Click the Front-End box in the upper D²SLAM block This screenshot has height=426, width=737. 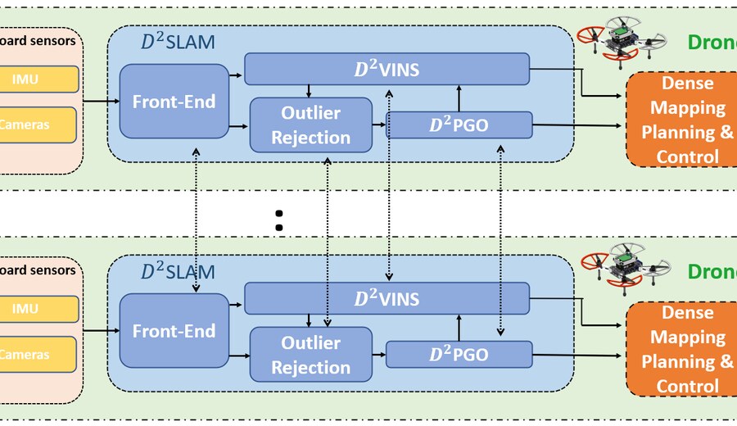tap(174, 101)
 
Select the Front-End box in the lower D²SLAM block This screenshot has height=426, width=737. tap(174, 331)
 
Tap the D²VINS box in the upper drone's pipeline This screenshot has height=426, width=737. tap(387, 70)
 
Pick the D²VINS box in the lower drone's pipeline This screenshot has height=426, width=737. tap(387, 299)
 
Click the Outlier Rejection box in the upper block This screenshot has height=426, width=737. tap(310, 125)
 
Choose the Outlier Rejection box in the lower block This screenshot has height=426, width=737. tap(310, 356)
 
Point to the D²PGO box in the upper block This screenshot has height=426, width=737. tap(459, 125)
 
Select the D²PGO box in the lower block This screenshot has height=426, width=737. tap(459, 355)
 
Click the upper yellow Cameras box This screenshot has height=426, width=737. tap(38, 125)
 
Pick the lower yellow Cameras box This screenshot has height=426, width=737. tap(38, 355)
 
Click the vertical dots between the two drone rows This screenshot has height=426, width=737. tap(278, 219)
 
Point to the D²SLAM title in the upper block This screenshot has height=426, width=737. tap(178, 42)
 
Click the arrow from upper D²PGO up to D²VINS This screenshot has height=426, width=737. tap(458, 97)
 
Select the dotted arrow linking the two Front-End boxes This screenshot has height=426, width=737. tap(196, 219)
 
